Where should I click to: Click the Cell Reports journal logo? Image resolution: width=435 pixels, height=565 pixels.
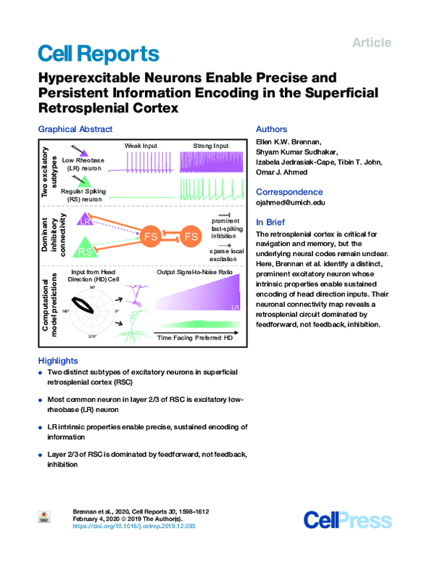(97, 54)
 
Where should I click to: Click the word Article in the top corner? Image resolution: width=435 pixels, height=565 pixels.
(371, 43)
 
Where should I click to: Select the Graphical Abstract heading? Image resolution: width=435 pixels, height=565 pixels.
(75, 129)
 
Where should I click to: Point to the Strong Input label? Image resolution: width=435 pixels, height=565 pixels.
(210, 147)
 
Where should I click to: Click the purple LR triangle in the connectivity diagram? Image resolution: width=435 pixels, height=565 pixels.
(86, 220)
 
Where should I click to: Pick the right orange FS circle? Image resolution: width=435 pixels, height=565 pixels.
(191, 236)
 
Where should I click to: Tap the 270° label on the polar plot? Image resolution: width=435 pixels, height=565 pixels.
(91, 337)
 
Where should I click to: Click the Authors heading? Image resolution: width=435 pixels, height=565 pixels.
(272, 129)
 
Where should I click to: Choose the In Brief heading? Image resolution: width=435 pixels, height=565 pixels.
(273, 222)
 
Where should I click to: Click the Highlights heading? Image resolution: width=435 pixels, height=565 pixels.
(58, 360)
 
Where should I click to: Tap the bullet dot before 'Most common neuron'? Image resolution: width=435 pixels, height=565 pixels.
(40, 400)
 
